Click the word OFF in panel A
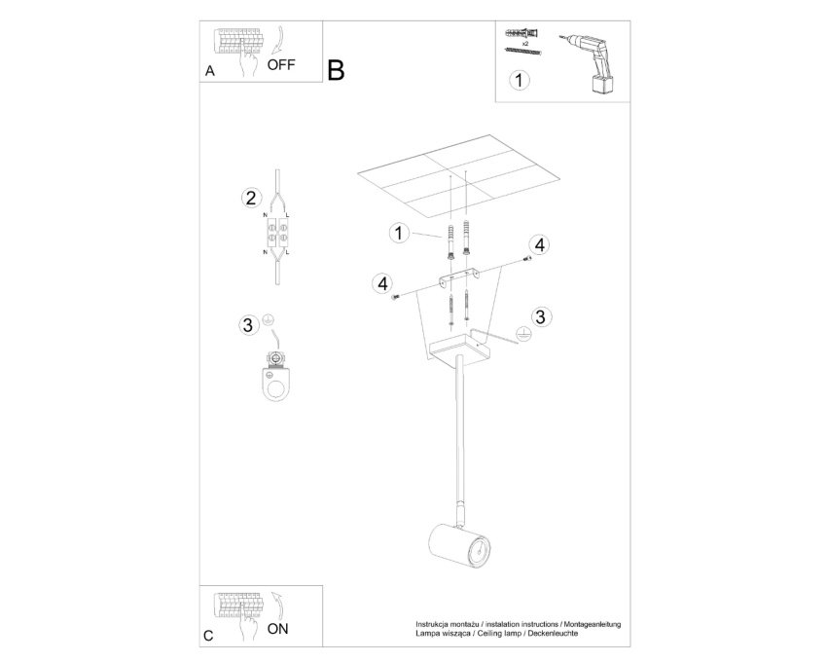[281, 65]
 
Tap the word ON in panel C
[277, 629]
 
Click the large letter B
[336, 70]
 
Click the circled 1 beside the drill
[520, 80]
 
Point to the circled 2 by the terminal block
[250, 198]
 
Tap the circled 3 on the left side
[247, 324]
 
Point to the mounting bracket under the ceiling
[459, 277]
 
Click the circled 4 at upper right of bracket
[539, 245]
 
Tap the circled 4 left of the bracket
[382, 283]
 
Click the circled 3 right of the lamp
[540, 316]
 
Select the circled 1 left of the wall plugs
[399, 233]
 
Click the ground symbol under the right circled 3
[523, 334]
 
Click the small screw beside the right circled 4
[526, 258]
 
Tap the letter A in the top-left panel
[210, 71]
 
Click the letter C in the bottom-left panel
[209, 636]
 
